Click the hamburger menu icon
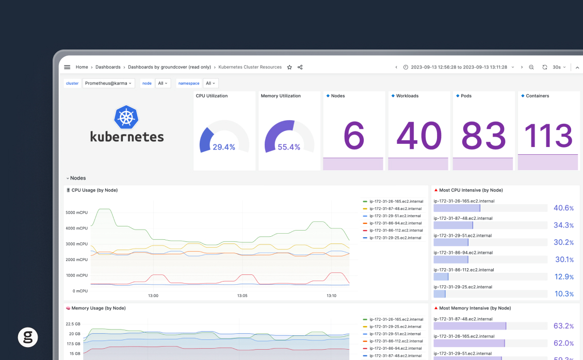pyautogui.click(x=67, y=67)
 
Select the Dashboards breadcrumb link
pyautogui.click(x=108, y=67)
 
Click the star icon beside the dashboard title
pyautogui.click(x=289, y=67)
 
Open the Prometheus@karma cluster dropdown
pyautogui.click(x=108, y=83)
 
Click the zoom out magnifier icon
pyautogui.click(x=531, y=67)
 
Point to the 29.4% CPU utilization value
pyautogui.click(x=224, y=147)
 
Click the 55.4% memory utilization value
pyautogui.click(x=289, y=147)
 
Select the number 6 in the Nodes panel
pyautogui.click(x=353, y=136)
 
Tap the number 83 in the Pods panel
pyautogui.click(x=483, y=136)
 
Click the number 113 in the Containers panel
pyautogui.click(x=548, y=136)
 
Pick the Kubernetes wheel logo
pyautogui.click(x=126, y=118)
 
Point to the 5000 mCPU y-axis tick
pyautogui.click(x=76, y=212)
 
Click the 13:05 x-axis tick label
pyautogui.click(x=242, y=296)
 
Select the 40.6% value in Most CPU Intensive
pyautogui.click(x=563, y=208)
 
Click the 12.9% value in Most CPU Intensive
pyautogui.click(x=563, y=277)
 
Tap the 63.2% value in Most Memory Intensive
pyautogui.click(x=563, y=326)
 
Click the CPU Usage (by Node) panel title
pyautogui.click(x=94, y=190)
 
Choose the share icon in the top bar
pyautogui.click(x=300, y=67)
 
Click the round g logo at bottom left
pyautogui.click(x=28, y=337)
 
